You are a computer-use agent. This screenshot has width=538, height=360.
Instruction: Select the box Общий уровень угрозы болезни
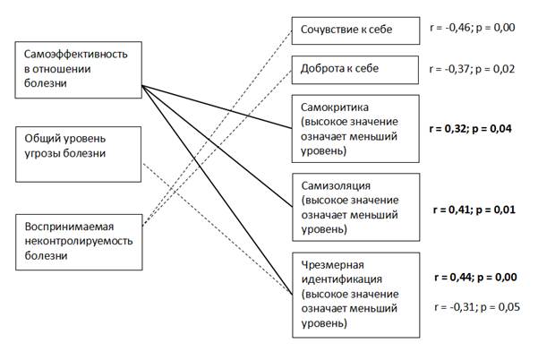pos(78,146)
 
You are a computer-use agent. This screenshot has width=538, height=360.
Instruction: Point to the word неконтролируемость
pos(77,239)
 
